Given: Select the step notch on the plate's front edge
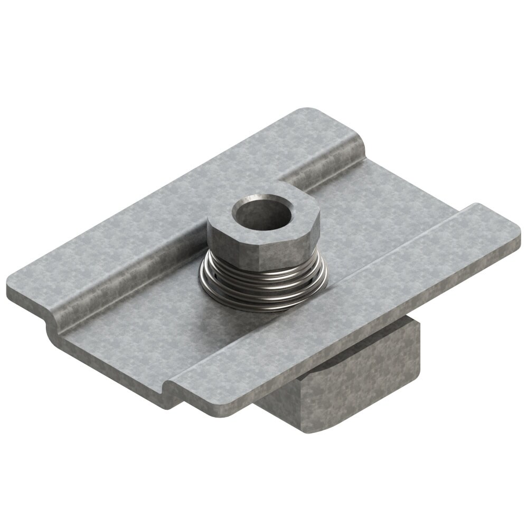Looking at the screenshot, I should tap(172, 388).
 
